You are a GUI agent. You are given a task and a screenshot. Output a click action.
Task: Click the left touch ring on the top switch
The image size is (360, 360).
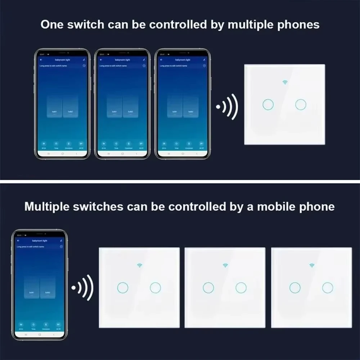coord(268,104)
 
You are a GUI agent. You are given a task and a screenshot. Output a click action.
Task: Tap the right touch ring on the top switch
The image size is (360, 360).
coord(301,104)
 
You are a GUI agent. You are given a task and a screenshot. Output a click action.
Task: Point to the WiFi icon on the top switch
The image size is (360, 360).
coord(285,82)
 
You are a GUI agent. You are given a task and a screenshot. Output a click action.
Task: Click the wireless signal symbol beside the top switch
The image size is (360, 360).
coord(227,107)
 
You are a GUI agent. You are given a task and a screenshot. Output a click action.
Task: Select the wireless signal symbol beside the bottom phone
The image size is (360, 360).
coord(82,288)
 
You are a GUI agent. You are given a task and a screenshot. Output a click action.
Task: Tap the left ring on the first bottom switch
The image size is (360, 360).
coord(122,287)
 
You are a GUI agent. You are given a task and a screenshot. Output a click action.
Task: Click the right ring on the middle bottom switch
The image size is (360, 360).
coord(241,287)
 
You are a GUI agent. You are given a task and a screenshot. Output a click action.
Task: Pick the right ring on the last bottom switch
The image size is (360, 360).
coord(328,287)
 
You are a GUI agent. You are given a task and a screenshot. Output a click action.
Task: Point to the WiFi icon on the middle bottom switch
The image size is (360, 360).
coord(225,265)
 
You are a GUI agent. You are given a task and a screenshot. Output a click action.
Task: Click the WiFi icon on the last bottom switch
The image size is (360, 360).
coord(311,265)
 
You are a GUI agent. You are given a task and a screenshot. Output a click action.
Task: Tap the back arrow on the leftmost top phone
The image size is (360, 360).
coord(41,59)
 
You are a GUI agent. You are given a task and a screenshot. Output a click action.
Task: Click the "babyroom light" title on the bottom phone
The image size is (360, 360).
coord(40,240)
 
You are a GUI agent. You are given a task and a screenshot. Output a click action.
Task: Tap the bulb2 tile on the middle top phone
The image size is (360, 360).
coord(130,107)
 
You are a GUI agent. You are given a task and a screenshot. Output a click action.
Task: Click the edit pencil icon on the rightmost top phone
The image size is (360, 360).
coord(204,59)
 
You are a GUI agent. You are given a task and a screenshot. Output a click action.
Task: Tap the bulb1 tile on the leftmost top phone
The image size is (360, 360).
coord(55,107)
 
